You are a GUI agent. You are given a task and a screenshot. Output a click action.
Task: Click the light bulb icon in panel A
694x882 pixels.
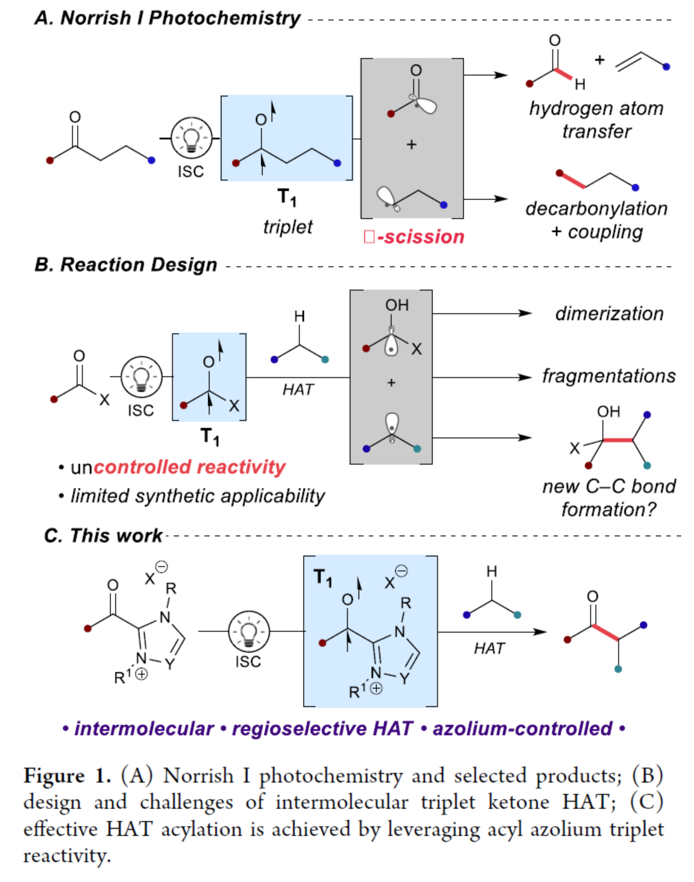pos(191,138)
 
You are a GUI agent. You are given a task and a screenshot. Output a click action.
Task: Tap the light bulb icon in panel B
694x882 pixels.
pos(141,377)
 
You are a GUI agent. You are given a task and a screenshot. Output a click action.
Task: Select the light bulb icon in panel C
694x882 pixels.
pos(249,631)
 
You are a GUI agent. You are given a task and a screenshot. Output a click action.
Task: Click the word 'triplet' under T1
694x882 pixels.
pos(288,226)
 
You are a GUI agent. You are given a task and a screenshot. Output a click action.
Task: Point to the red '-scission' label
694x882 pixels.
pos(414,237)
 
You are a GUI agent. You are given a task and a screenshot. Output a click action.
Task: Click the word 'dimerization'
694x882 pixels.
pos(609,314)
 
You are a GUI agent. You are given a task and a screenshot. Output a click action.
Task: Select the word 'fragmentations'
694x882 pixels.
pos(608,376)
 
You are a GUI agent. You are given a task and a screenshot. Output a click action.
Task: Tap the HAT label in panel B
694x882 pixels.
pos(298,390)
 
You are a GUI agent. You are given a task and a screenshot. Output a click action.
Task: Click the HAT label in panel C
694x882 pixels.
pos(489,649)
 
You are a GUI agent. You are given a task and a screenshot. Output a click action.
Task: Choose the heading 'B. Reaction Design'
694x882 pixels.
pos(125,265)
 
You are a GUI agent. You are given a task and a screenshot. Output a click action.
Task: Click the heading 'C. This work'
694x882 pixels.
pos(103,535)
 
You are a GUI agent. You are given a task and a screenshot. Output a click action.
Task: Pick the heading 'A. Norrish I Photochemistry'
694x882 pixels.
pos(167,18)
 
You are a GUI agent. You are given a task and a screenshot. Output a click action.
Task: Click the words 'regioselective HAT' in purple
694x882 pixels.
pos(322,729)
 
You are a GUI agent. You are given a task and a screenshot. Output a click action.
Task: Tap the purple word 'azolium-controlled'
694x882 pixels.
pos(522,729)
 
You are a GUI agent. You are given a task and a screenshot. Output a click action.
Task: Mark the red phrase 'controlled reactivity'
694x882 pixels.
pos(190,467)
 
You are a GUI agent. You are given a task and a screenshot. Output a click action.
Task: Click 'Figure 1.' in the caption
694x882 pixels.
pos(66,776)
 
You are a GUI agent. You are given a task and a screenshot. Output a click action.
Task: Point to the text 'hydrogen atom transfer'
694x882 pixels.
pos(596,120)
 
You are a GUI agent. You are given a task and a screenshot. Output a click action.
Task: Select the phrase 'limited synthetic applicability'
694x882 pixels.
pos(198,496)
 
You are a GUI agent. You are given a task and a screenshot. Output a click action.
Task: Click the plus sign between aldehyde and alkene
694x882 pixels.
pos(600,60)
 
